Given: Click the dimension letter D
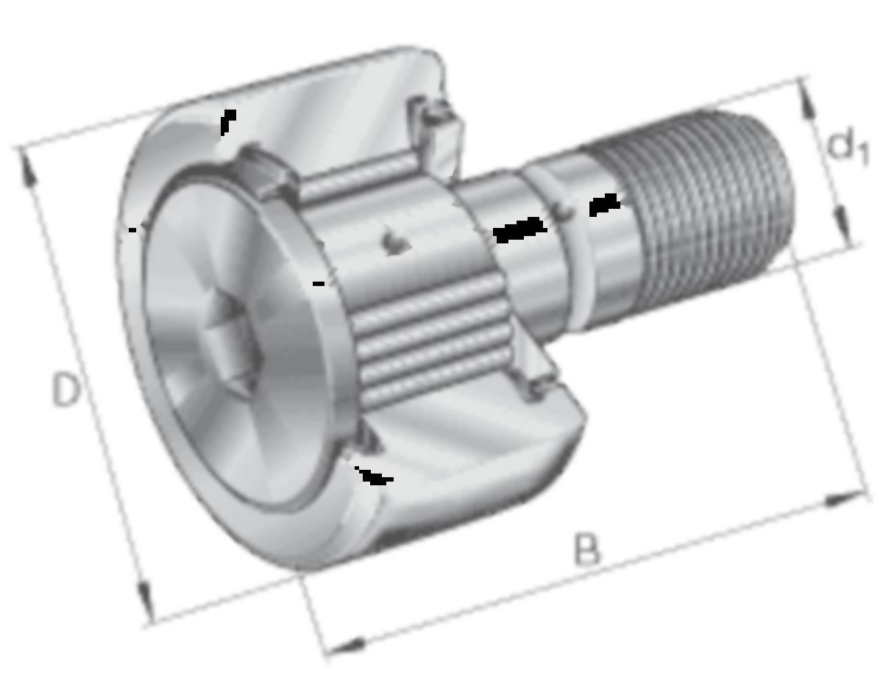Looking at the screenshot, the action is [66, 389].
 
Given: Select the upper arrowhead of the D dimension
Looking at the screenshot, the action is [28, 171].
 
